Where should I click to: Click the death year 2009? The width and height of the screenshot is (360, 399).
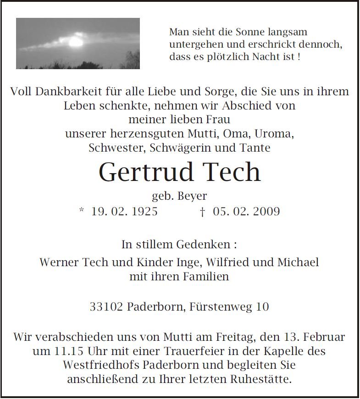[x=265, y=211]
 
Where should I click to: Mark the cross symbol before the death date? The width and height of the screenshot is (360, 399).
[x=202, y=211]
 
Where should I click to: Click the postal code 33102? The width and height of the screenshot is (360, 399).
[x=106, y=306]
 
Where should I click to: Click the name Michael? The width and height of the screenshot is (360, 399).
[x=298, y=262]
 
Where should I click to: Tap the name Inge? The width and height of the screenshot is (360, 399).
[x=189, y=262]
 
